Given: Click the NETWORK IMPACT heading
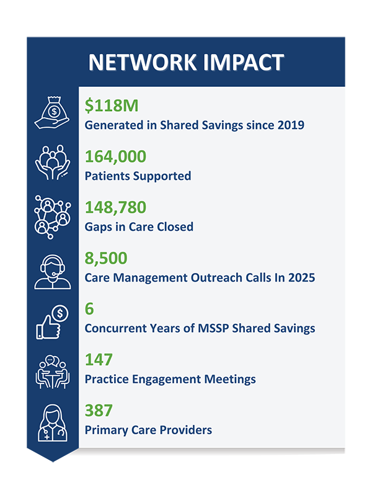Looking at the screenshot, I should click(186, 62).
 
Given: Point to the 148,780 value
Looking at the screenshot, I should click(117, 208).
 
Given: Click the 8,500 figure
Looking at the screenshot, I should click(106, 258).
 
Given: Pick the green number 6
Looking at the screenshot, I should click(90, 309).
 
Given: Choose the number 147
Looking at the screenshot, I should click(99, 360).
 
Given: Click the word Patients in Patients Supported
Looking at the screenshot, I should click(106, 176).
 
